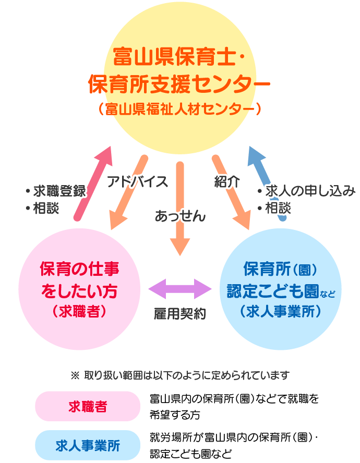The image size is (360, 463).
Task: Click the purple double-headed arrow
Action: [180, 288]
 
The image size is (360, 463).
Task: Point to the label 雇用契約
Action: [180, 313]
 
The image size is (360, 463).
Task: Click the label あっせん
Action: [180, 215]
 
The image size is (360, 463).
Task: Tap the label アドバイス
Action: [137, 181]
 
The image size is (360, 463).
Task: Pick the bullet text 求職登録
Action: [58, 191]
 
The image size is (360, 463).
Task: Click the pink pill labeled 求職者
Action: [88, 406]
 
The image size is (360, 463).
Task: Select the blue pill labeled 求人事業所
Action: [88, 445]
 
